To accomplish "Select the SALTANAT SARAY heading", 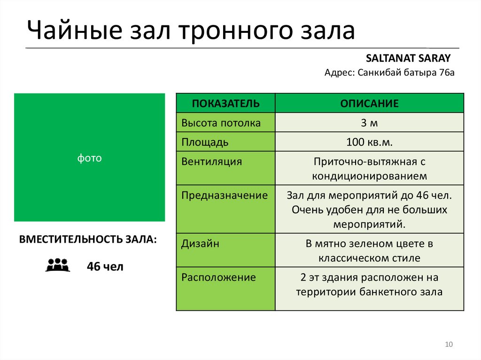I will (408, 58).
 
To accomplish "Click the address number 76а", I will (447, 73).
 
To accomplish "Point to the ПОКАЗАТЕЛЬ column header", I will (225, 103).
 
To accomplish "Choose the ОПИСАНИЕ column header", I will (369, 103).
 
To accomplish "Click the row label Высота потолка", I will (221, 123).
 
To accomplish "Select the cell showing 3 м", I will (369, 123).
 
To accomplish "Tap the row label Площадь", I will (205, 142).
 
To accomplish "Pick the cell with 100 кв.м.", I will (369, 142).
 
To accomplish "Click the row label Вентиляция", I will (212, 162).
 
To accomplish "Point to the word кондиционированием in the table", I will (369, 176).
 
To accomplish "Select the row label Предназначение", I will (225, 195).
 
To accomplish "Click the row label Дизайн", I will (201, 244).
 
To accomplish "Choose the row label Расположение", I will (218, 277).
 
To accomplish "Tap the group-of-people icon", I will (58, 265).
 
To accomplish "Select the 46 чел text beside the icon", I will (105, 267).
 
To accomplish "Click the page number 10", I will (448, 345).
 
